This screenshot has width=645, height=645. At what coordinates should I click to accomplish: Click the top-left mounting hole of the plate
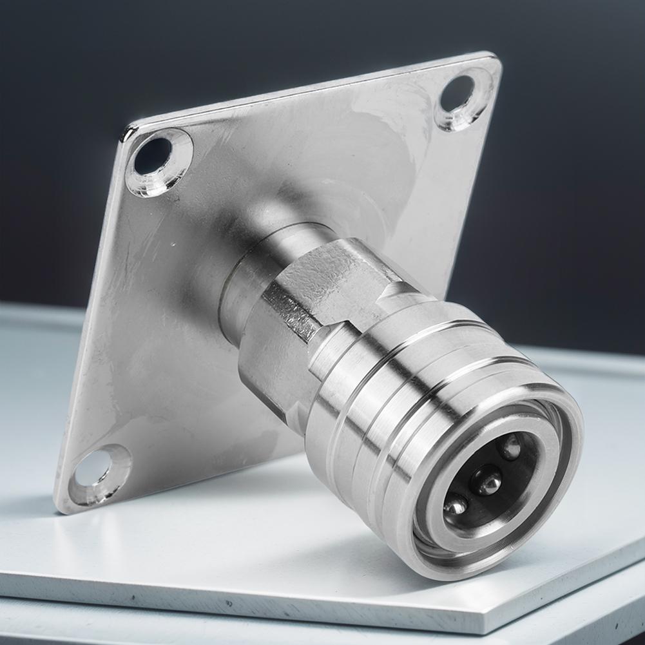tap(153, 157)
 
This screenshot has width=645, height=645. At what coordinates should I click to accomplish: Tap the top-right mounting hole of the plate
tap(457, 94)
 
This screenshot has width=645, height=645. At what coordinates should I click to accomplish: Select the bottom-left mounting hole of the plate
tap(94, 468)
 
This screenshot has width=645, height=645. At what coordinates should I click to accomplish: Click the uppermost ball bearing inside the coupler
tap(512, 447)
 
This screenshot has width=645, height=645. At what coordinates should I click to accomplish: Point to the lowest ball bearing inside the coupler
tap(455, 504)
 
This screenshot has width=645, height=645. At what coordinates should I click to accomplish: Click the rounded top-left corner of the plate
tap(128, 132)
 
